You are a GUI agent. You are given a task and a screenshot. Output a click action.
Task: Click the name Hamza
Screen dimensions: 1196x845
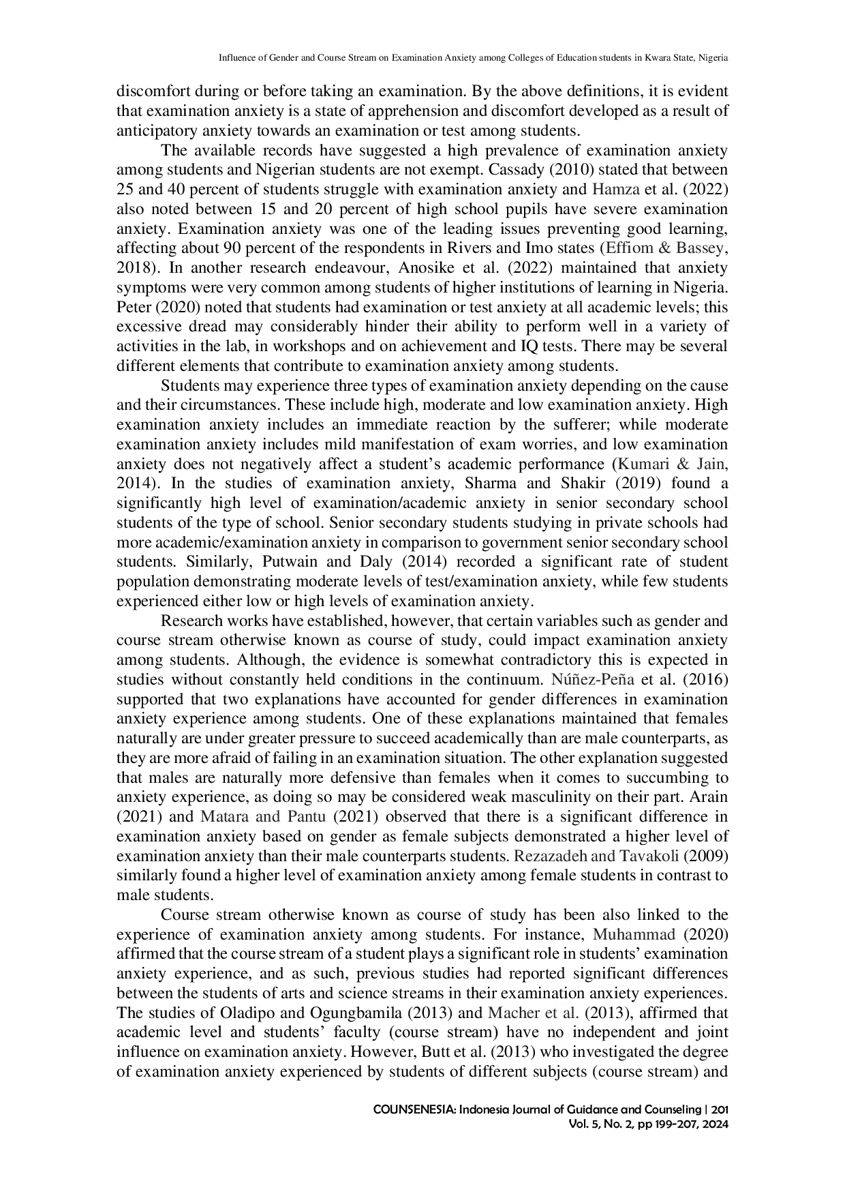click(616, 190)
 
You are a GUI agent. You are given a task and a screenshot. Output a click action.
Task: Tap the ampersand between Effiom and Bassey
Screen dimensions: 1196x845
click(664, 248)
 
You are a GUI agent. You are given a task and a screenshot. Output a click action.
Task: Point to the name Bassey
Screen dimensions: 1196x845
click(699, 248)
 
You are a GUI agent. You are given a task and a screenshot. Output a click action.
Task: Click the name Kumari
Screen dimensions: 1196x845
click(643, 464)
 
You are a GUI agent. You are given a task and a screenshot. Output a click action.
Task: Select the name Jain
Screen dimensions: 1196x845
click(710, 464)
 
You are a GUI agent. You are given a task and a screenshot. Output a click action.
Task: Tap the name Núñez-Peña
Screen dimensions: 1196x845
click(593, 680)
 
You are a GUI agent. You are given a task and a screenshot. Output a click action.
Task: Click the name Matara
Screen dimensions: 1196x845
click(224, 817)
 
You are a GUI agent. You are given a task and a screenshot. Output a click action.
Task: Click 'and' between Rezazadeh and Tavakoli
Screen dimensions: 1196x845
click(602, 856)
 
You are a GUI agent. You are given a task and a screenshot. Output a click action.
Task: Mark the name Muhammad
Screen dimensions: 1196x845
click(634, 935)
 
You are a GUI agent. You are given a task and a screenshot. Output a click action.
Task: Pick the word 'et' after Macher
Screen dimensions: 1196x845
click(551, 1013)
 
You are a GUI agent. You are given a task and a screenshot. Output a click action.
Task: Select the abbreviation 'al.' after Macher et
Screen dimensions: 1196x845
click(570, 1013)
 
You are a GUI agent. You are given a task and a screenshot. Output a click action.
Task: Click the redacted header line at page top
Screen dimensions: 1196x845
click(474, 57)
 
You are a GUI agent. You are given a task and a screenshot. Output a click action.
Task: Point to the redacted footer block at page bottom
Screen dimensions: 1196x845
click(551, 1115)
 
